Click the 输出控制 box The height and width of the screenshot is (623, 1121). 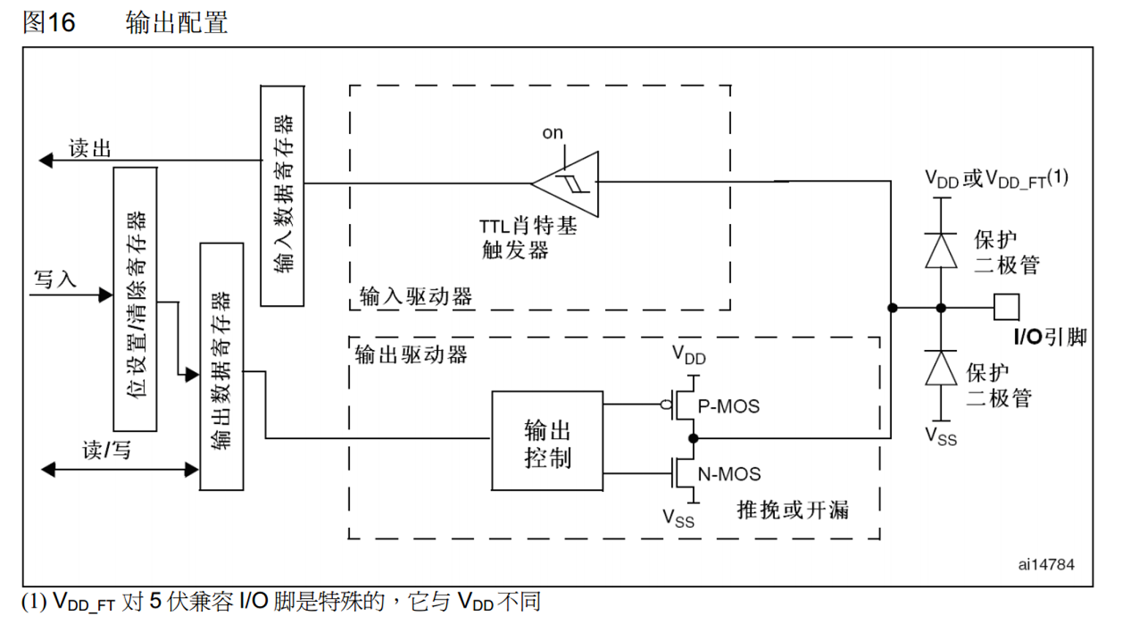click(x=547, y=441)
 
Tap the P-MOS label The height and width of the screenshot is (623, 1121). click(x=728, y=406)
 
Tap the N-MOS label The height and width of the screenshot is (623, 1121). click(x=729, y=474)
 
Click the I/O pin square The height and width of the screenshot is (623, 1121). click(x=1006, y=307)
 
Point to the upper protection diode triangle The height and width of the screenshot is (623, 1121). click(x=941, y=251)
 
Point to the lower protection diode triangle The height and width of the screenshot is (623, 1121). click(x=941, y=368)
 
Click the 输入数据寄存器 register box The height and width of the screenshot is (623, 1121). click(x=282, y=195)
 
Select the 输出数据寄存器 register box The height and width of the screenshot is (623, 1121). click(x=222, y=366)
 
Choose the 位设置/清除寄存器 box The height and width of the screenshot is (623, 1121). click(x=135, y=299)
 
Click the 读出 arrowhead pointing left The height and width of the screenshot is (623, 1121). click(x=46, y=160)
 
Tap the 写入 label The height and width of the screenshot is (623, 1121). click(x=55, y=279)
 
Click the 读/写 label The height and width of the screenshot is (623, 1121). click(x=107, y=449)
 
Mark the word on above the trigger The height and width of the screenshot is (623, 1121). click(x=552, y=133)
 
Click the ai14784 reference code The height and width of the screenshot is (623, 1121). click(x=1046, y=564)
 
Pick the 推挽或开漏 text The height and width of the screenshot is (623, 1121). click(x=792, y=510)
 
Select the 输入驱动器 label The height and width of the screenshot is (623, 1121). click(x=416, y=296)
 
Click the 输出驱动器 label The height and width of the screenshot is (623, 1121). click(x=411, y=355)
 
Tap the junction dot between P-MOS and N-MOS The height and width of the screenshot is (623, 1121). click(x=693, y=439)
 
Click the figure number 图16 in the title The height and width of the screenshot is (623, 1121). click(x=49, y=22)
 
